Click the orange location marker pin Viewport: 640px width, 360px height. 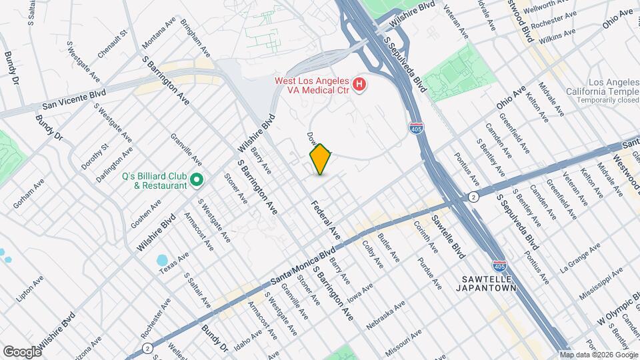[x=320, y=159]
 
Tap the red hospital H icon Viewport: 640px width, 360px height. [x=359, y=84]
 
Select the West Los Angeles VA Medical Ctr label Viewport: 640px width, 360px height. [x=313, y=85]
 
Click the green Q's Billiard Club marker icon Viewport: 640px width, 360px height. [x=196, y=180]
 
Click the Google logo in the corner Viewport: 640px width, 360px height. [x=21, y=351]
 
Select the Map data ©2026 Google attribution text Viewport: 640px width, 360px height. [x=598, y=355]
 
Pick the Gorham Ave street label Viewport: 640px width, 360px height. [x=29, y=193]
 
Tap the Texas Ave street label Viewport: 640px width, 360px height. [x=175, y=262]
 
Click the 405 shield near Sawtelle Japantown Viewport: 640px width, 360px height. [x=500, y=265]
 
